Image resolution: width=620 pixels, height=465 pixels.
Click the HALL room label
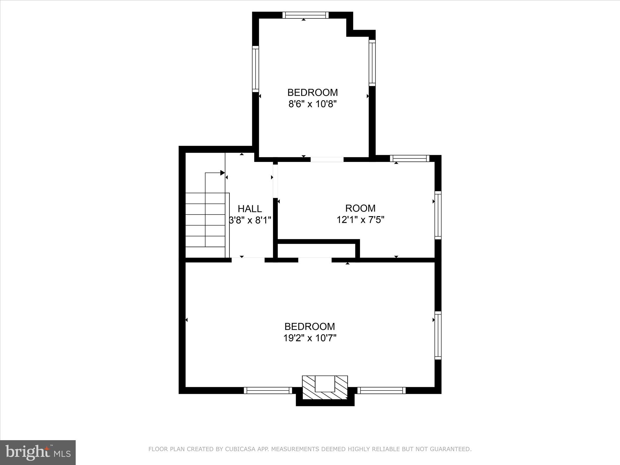[250, 209]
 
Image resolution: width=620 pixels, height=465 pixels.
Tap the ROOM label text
[360, 208]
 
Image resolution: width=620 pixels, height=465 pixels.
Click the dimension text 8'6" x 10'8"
[312, 104]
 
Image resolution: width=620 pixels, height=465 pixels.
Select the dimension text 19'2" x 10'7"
[310, 338]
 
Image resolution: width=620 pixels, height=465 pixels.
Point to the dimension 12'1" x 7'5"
[360, 220]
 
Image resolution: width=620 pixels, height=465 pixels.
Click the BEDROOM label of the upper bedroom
[312, 92]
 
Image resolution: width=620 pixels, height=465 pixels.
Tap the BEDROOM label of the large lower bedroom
[310, 326]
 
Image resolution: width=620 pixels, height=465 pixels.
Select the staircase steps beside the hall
[205, 225]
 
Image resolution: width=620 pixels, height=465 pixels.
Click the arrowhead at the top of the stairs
[223, 173]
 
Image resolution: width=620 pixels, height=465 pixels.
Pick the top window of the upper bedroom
[305, 15]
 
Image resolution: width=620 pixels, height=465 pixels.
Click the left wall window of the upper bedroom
[256, 69]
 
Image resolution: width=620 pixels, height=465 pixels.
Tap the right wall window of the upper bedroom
[372, 63]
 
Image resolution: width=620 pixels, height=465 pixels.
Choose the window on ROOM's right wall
[438, 215]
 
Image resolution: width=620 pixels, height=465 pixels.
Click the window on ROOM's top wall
[410, 158]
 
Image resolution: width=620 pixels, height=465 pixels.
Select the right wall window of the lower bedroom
[438, 335]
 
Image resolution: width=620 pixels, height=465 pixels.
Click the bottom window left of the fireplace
[268, 391]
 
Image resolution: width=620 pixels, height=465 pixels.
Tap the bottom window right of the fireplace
[381, 391]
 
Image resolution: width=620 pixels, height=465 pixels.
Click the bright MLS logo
[38, 452]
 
